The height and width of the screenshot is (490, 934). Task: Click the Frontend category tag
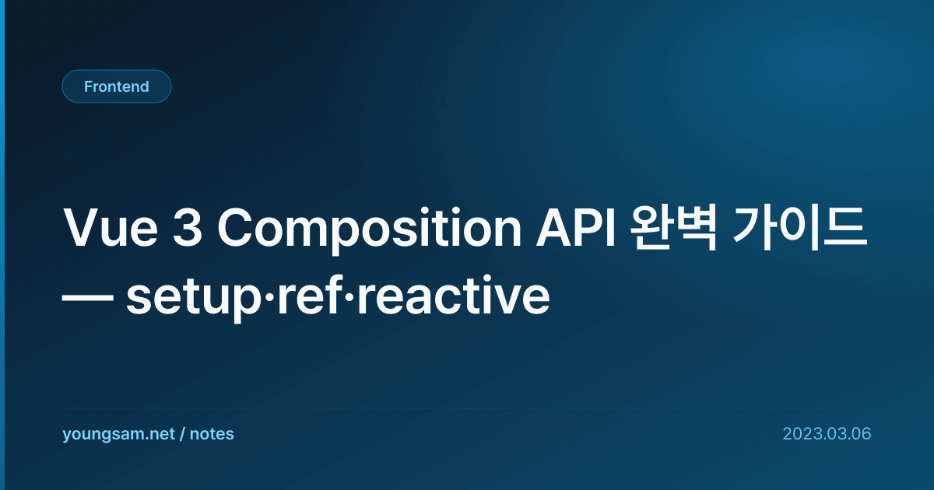coord(117,86)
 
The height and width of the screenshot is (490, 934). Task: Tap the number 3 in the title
coord(188,228)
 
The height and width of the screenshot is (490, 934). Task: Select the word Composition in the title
coord(369,230)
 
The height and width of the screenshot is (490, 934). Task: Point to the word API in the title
coord(576,228)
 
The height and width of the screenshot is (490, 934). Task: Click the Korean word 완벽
coord(673,228)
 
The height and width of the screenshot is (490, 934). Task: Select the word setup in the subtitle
coord(194,299)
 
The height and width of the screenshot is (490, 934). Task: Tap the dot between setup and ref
coord(269,296)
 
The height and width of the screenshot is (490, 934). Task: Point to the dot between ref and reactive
coord(349,296)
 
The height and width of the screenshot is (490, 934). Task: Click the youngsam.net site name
coord(118,434)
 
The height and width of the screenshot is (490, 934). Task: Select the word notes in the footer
coord(212,434)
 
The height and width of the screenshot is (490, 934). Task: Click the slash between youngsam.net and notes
coord(182,434)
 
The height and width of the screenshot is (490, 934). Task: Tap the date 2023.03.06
coord(827,434)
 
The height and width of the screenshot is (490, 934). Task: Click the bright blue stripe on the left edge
coord(2,245)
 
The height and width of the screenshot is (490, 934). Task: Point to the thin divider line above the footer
coord(467,408)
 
